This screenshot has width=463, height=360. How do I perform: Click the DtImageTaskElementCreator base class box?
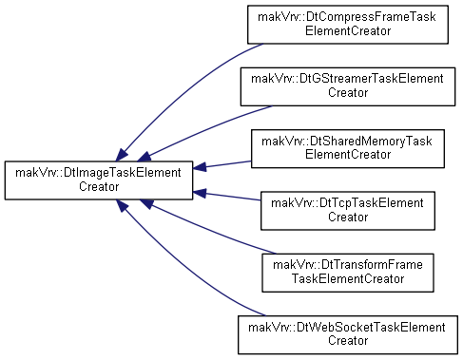[99, 180]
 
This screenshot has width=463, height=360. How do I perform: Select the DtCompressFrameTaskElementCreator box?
[348, 25]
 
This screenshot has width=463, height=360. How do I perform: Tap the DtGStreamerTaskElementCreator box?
[348, 86]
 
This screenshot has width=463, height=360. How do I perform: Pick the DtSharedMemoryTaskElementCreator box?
[348, 148]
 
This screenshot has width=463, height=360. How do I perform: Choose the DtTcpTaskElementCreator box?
[348, 211]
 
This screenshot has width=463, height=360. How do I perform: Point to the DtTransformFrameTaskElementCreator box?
[348, 273]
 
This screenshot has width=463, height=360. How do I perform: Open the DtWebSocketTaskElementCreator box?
[348, 334]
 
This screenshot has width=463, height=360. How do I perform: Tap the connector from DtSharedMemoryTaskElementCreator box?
[222, 164]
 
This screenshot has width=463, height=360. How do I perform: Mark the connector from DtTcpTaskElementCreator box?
[226, 197]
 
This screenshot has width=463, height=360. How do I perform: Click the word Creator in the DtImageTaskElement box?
[99, 187]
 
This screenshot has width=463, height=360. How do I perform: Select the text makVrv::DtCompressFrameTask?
[347, 17]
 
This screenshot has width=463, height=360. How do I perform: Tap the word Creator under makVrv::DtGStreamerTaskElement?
[348, 93]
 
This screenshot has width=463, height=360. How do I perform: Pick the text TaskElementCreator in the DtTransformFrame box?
[348, 279]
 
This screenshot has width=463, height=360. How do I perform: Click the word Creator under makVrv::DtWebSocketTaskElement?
[348, 341]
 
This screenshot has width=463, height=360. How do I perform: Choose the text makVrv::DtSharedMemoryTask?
[347, 142]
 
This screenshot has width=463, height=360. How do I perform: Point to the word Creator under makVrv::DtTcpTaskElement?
[348, 217]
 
